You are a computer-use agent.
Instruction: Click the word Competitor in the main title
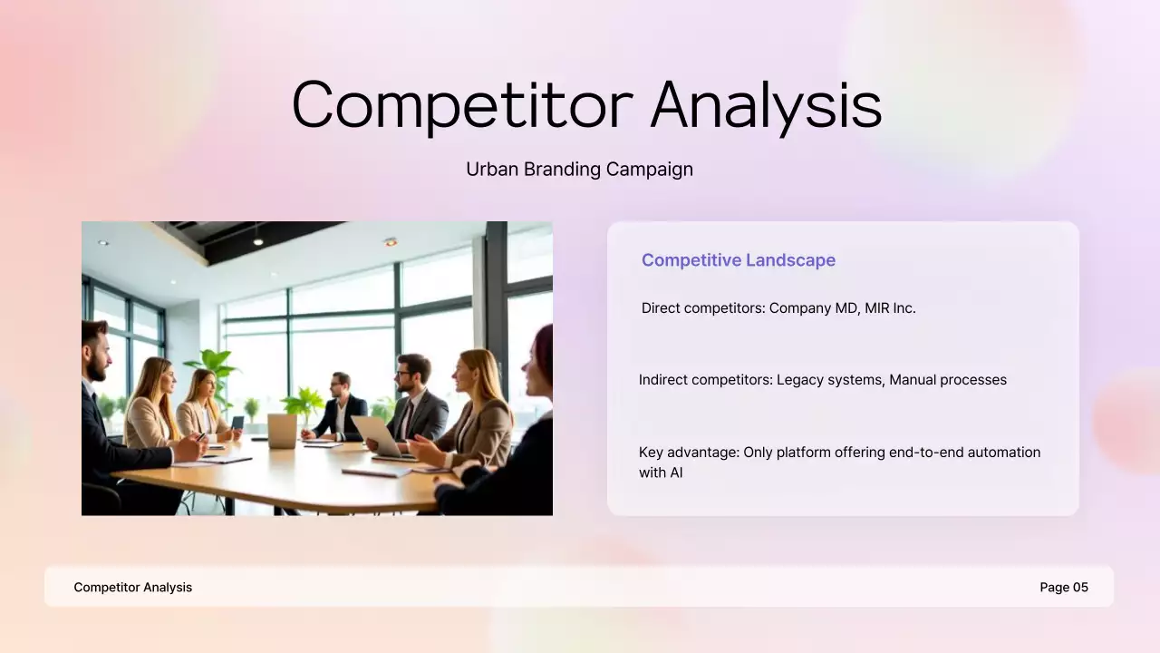tap(461, 105)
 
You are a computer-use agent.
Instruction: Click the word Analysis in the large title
tap(766, 105)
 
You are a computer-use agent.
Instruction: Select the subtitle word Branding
tap(562, 170)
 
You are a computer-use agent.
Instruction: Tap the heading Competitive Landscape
tap(739, 260)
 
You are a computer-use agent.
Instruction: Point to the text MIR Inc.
tap(890, 308)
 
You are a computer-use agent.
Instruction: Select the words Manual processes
tap(948, 380)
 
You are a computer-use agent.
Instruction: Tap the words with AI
tap(661, 473)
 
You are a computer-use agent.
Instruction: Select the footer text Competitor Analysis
tap(133, 588)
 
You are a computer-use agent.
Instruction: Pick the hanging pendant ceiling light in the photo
tap(257, 239)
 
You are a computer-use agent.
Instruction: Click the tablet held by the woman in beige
tap(237, 423)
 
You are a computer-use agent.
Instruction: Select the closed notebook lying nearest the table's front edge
tap(377, 472)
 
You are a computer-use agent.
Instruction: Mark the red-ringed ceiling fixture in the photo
tap(391, 242)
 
